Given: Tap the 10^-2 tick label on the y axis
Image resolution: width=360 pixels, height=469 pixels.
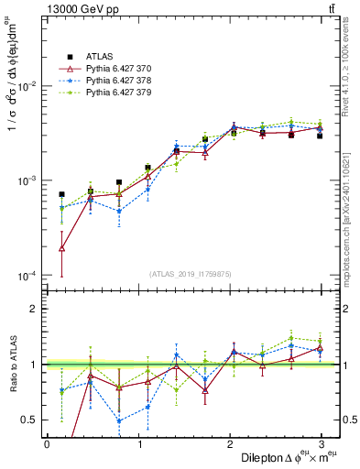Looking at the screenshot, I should (26, 86).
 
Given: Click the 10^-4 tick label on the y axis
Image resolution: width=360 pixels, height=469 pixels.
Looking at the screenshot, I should (26, 276).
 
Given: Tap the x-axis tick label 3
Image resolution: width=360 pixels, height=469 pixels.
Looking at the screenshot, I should (322, 443).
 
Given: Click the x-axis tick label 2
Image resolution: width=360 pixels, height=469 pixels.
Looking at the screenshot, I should (229, 443).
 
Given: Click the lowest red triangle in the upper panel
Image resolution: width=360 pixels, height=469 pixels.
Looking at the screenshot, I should (61, 248).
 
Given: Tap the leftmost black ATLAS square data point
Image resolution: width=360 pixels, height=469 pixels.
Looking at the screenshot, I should (61, 194).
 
